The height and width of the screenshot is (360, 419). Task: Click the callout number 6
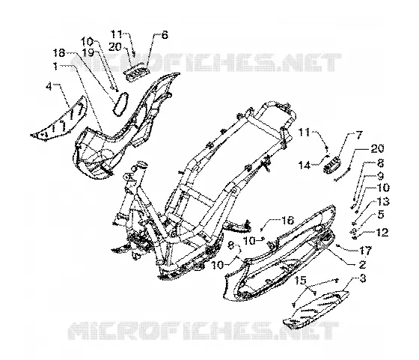[x=165, y=34]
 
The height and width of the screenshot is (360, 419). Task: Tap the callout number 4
[x=49, y=87]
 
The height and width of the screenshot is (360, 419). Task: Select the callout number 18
[x=59, y=52]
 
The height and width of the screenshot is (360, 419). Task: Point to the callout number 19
[x=88, y=52]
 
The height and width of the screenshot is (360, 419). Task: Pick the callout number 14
[x=305, y=165]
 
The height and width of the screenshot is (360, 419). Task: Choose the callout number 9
[x=380, y=175]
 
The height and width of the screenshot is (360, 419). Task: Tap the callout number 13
[x=383, y=202]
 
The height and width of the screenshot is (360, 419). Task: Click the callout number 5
[x=381, y=215]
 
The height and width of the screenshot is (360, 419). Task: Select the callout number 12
[x=382, y=232]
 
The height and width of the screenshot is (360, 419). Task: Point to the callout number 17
[x=366, y=251]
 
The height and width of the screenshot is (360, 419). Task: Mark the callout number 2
[x=362, y=265]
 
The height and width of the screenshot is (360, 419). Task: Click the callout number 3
[x=363, y=278]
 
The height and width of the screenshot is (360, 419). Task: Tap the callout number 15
[x=300, y=281]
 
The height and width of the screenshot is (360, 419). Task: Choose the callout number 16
[x=288, y=221]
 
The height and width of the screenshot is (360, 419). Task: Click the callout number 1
[x=55, y=66]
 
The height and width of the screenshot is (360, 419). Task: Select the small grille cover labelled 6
[x=136, y=71]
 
